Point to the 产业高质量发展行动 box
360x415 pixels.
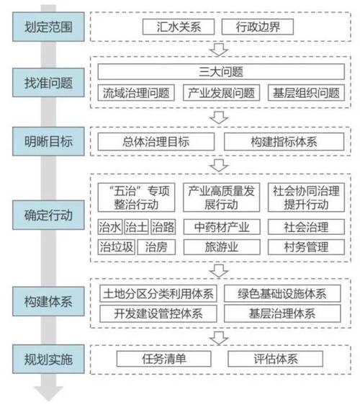coord(221,197)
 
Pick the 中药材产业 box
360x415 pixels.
coord(222,228)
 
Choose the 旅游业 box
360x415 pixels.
coord(222,247)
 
